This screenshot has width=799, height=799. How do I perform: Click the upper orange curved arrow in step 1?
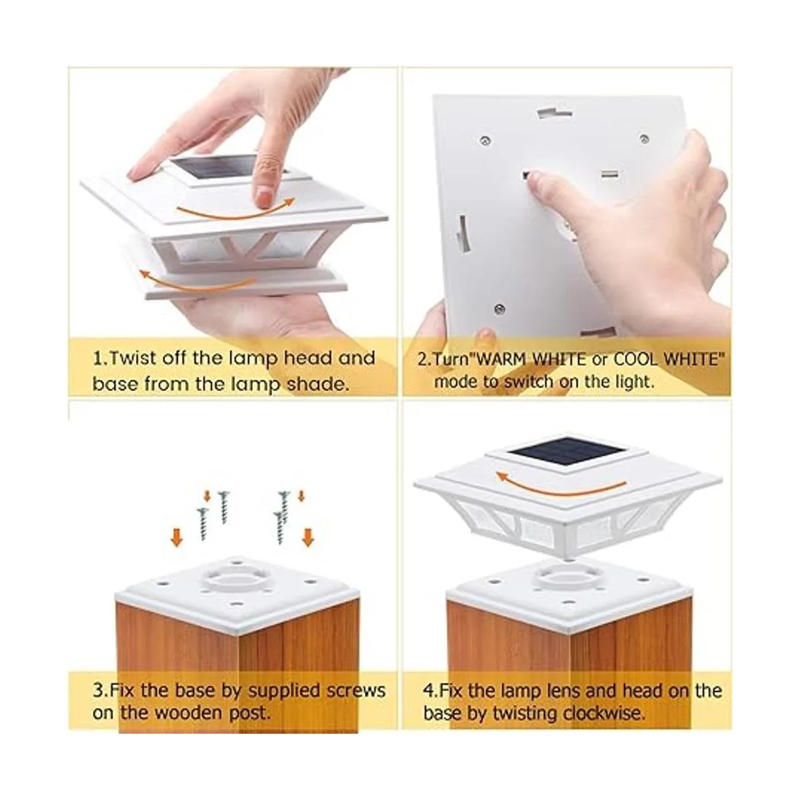coord(236,210)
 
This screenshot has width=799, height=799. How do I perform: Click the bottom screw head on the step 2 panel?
coord(500,308)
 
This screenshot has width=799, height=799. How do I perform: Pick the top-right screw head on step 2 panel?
coord(644,139)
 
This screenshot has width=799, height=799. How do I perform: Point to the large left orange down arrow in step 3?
coord(177,538)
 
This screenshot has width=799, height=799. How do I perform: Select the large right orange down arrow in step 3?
coord(308,537)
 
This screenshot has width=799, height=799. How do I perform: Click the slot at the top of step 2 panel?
coord(555,113)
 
